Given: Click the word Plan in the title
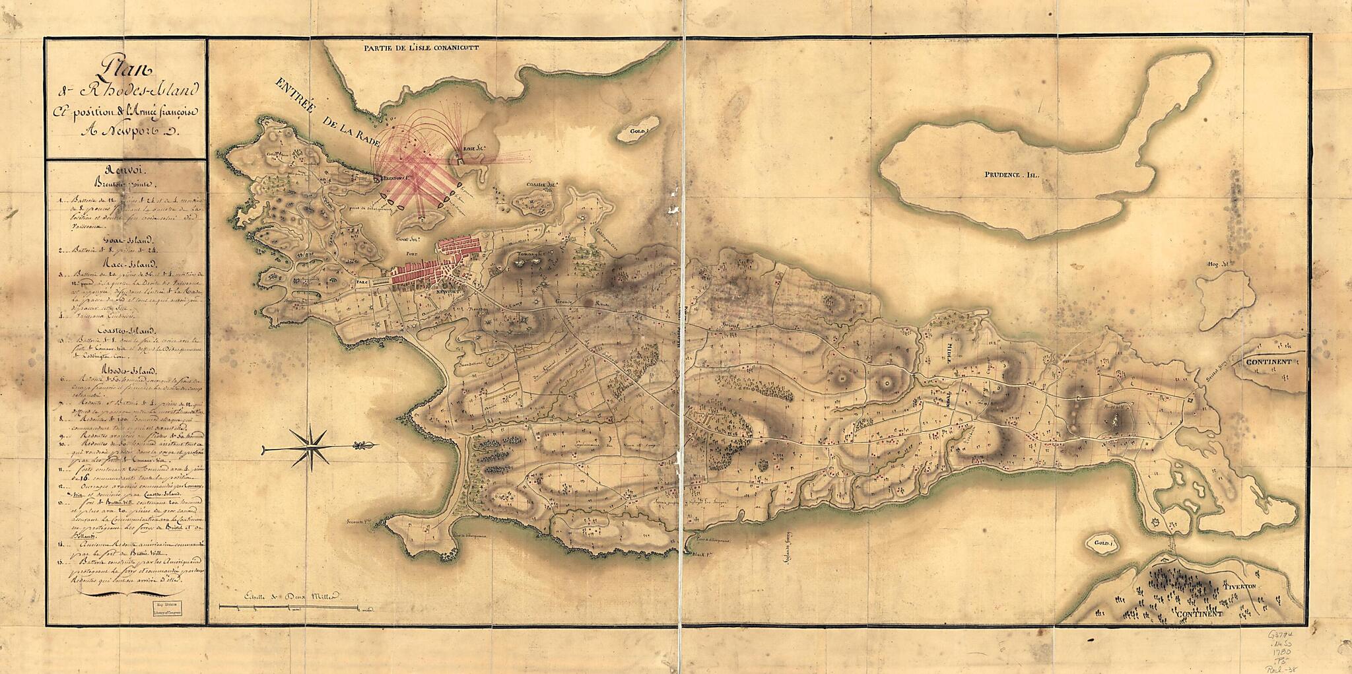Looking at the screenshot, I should tap(123, 67).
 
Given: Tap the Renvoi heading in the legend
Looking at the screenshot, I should tap(125, 170).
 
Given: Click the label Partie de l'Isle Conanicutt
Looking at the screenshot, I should tap(424, 48).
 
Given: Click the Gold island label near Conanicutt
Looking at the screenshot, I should tap(638, 131).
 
